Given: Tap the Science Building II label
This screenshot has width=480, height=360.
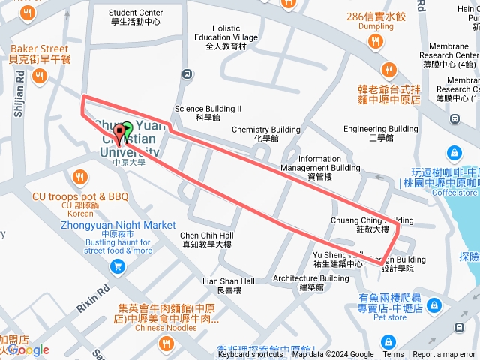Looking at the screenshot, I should (x=208, y=112).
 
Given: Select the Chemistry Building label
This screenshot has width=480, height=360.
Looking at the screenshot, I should (x=265, y=133).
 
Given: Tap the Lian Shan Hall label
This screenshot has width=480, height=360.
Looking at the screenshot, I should (x=229, y=285).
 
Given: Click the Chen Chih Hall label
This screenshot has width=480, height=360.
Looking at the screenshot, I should (x=207, y=239).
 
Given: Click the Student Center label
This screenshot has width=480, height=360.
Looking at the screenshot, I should (x=136, y=16).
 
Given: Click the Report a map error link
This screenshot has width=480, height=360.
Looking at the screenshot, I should (x=445, y=355).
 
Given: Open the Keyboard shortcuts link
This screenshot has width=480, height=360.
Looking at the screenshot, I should (x=250, y=355).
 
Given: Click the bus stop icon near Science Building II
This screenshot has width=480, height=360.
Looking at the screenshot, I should (x=185, y=74).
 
